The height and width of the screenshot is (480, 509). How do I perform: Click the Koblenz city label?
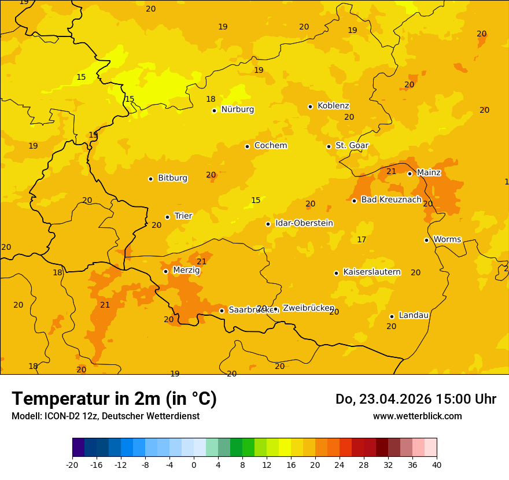click(x=333, y=106)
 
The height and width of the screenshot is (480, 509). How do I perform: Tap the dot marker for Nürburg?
click(x=214, y=110)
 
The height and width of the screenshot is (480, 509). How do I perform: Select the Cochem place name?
click(x=270, y=146)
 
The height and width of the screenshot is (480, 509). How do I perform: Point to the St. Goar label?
click(x=352, y=146)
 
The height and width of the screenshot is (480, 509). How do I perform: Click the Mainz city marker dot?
click(x=410, y=173)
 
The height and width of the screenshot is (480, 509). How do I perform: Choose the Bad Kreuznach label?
click(x=391, y=200)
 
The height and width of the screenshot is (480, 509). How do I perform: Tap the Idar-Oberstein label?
click(x=304, y=223)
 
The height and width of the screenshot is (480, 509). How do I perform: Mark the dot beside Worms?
click(x=426, y=240)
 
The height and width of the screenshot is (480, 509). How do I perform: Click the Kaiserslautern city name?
click(x=372, y=272)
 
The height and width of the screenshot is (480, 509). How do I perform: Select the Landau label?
click(x=414, y=316)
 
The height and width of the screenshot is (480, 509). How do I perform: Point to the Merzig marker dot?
click(x=165, y=271)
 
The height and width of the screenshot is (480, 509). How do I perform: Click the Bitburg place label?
click(x=172, y=178)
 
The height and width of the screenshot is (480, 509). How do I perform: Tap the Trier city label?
click(x=183, y=216)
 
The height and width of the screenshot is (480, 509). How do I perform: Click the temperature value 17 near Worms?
click(x=362, y=240)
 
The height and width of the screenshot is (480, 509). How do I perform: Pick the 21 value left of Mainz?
click(x=392, y=172)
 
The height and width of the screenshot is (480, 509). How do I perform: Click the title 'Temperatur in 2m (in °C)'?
click(x=114, y=399)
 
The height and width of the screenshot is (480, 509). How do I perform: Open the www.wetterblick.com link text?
click(x=417, y=416)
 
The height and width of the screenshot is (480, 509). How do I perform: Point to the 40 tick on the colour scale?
click(x=437, y=464)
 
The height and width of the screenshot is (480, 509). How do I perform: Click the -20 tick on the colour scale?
click(x=72, y=464)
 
